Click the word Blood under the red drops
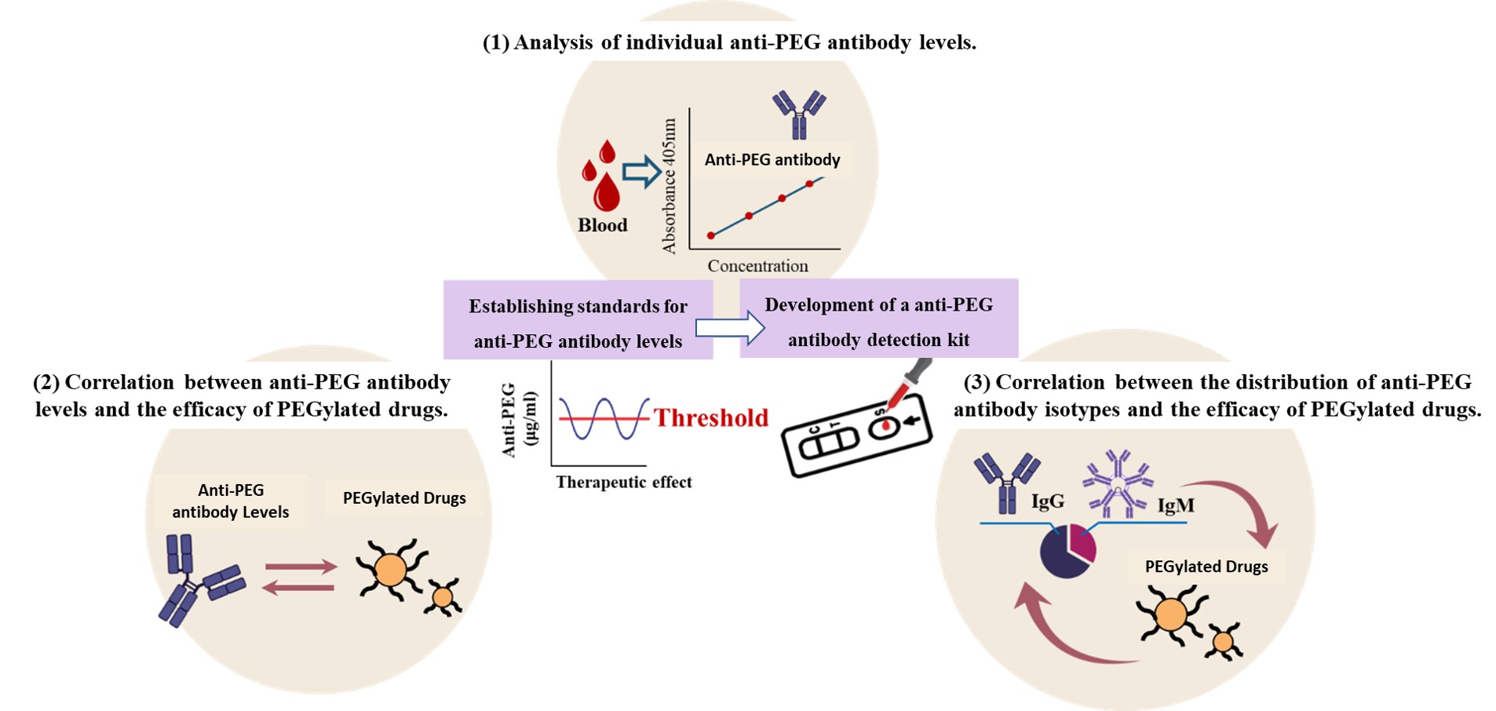tap(603, 225)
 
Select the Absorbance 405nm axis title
tap(670, 186)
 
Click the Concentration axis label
tap(757, 266)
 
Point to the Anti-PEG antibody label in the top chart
tap(772, 160)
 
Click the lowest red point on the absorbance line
tap(711, 235)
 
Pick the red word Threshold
tap(711, 417)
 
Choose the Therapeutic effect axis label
tap(624, 482)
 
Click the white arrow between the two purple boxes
tap(729, 327)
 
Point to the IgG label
tap(1047, 501)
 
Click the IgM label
tap(1176, 506)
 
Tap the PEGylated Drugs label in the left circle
tap(404, 498)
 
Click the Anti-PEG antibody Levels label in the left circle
tap(231, 501)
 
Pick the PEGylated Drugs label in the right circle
tap(1206, 567)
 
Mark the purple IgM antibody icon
tap(1118, 484)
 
